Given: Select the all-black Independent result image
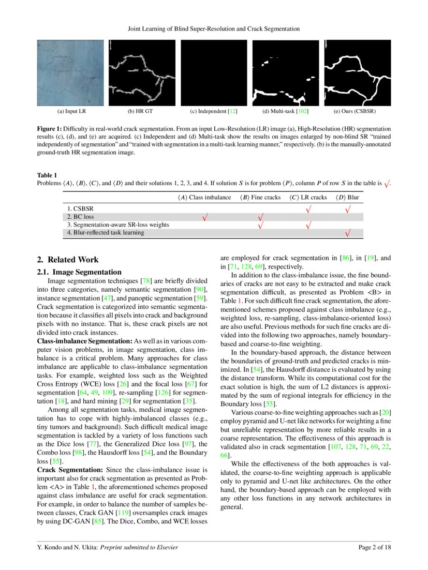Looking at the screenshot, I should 214,73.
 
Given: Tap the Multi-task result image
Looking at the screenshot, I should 286,73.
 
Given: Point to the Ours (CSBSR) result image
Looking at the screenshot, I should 358,73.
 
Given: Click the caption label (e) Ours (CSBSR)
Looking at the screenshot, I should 358,111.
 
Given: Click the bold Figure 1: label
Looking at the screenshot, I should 51,127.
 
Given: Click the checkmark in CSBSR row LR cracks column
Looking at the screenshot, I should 308,209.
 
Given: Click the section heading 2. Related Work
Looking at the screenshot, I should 67,260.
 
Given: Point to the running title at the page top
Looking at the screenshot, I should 214,29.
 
